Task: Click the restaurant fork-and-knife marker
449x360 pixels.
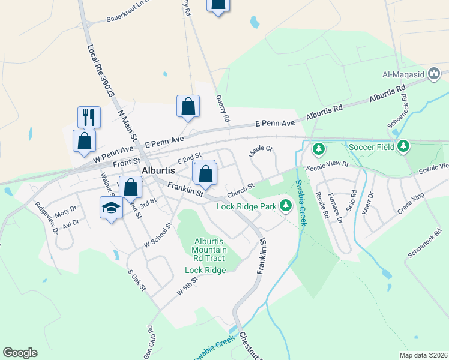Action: click(89, 116)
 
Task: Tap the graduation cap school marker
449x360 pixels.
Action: click(110, 208)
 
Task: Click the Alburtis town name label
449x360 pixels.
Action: click(158, 170)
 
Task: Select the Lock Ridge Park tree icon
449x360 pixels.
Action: click(286, 206)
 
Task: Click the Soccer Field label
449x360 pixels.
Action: click(372, 146)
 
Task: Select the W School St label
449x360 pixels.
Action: click(158, 235)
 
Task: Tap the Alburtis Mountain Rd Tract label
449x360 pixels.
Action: click(209, 250)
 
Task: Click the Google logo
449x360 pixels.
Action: click(20, 353)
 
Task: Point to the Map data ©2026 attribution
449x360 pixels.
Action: click(423, 355)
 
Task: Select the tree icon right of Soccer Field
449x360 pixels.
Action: click(404, 146)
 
